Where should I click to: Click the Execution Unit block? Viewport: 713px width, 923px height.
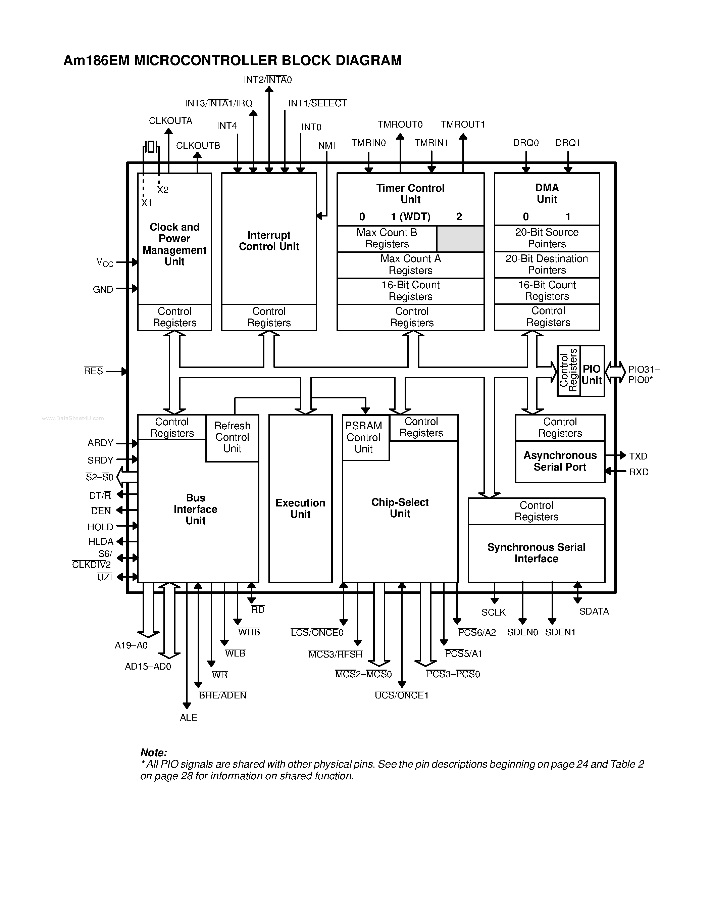click(300, 508)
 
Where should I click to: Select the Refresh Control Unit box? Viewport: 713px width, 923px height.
click(232, 437)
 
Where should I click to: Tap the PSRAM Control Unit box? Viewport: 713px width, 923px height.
click(364, 437)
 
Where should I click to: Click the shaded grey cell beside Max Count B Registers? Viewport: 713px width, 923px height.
click(460, 239)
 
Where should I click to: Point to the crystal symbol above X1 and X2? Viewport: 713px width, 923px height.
click(151, 147)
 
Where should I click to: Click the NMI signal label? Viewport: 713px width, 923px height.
click(326, 146)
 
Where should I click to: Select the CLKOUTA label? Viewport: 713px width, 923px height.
click(170, 121)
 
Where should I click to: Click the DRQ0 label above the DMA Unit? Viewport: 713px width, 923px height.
click(525, 143)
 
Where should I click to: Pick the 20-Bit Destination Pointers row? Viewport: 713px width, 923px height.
click(547, 264)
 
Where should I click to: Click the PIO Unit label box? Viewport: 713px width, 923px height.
click(592, 375)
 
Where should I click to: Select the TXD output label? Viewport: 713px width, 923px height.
click(638, 456)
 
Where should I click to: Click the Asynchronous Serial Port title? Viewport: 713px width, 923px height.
click(560, 461)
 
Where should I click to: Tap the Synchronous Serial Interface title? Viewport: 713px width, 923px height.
click(536, 553)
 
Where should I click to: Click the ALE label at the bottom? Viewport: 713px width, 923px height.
click(188, 717)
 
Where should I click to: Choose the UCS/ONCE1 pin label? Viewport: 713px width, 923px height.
click(402, 695)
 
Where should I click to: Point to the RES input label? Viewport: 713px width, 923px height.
click(93, 371)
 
